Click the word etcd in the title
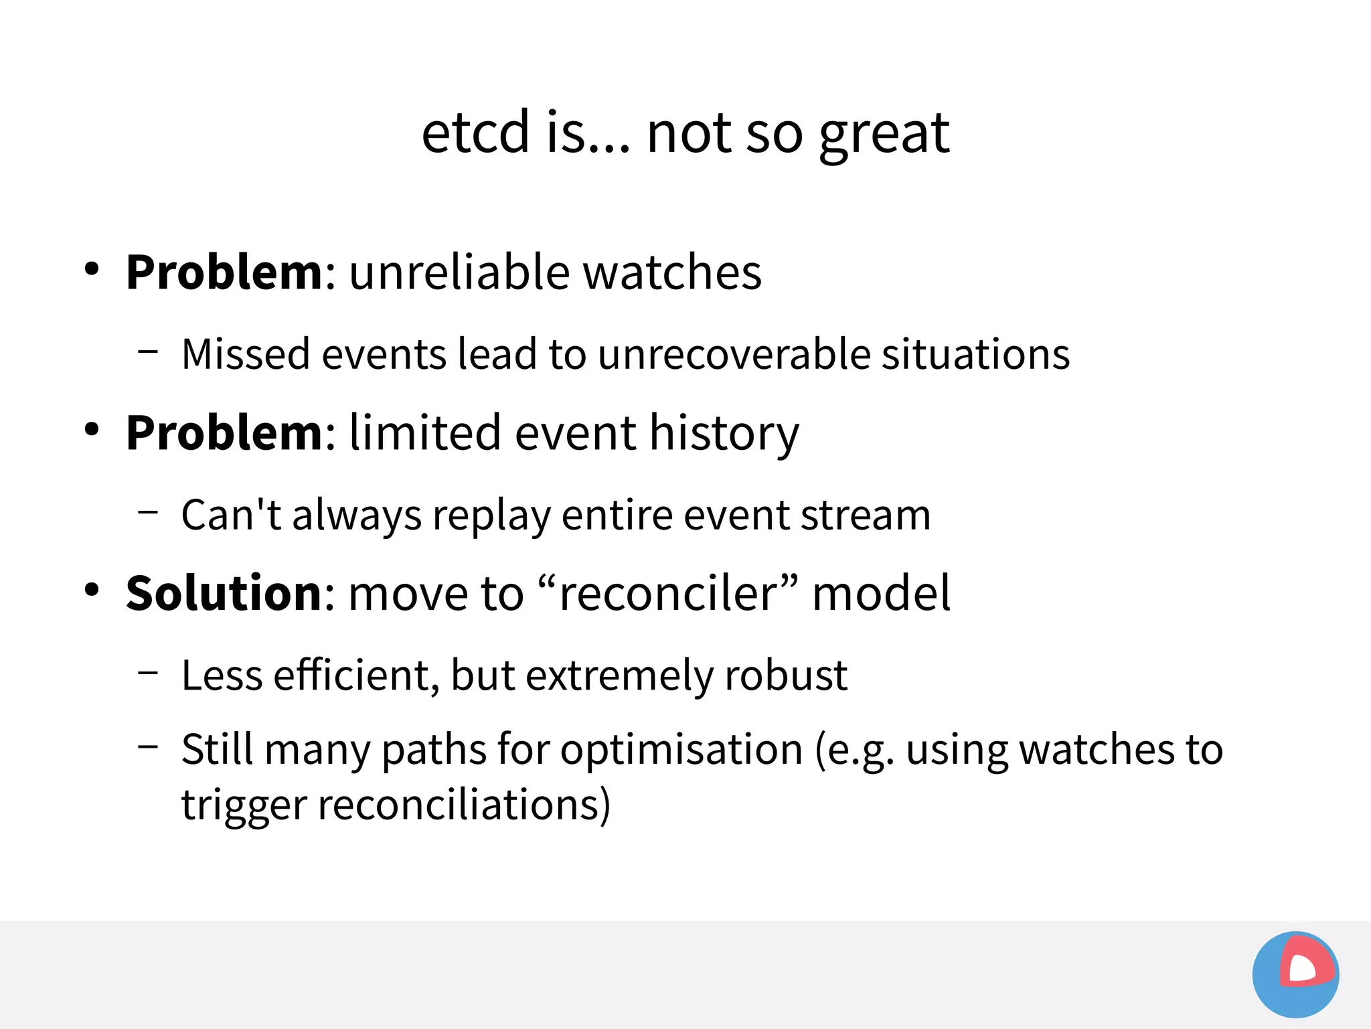pyautogui.click(x=475, y=132)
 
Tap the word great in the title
pyautogui.click(x=884, y=134)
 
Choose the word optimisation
pyautogui.click(x=681, y=749)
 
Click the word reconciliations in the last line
pyautogui.click(x=463, y=804)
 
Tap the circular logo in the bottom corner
pyautogui.click(x=1295, y=974)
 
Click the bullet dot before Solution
pyautogui.click(x=92, y=590)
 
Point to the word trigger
pyautogui.click(x=244, y=805)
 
